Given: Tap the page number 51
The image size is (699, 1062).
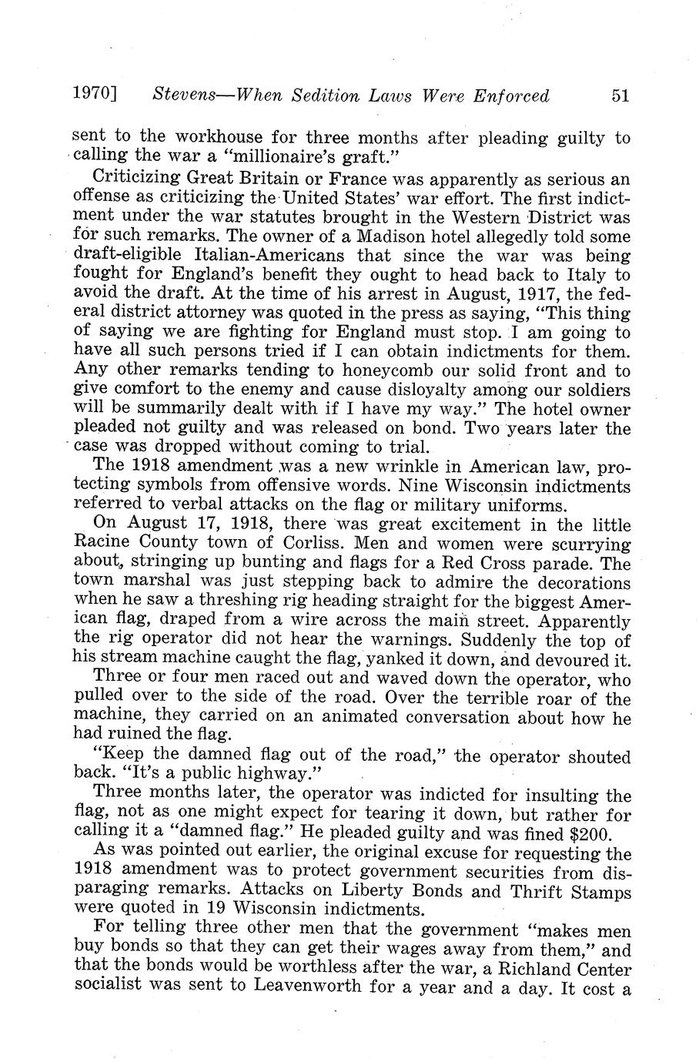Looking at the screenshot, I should pyautogui.click(x=620, y=95).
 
